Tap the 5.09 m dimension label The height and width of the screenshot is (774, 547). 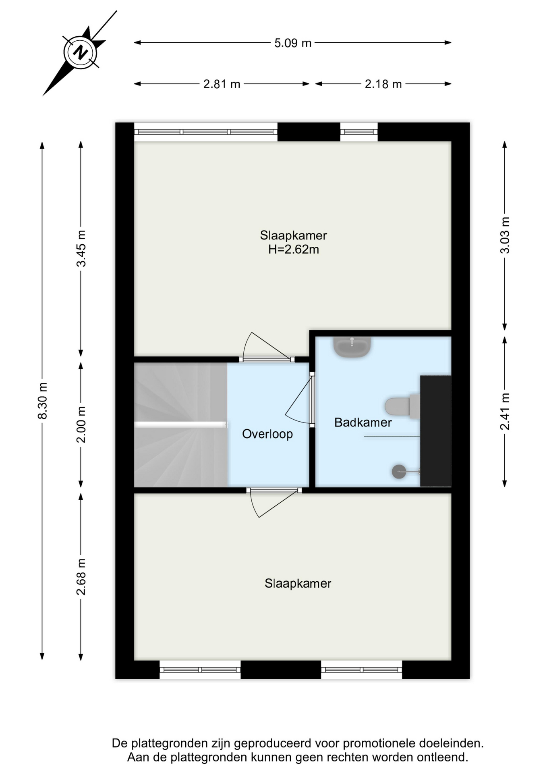(293, 43)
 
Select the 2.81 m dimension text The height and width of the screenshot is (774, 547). (222, 84)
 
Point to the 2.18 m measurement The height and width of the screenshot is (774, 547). (383, 84)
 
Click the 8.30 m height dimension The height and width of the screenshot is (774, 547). (42, 401)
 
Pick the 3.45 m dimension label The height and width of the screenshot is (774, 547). (81, 248)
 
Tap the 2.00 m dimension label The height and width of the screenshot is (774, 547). (81, 424)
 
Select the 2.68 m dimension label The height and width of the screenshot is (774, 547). (81, 577)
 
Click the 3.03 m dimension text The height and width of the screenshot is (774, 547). (505, 235)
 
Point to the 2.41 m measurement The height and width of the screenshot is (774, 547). (505, 411)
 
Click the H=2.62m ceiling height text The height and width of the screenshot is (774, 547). (294, 250)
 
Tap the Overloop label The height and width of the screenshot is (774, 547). (267, 434)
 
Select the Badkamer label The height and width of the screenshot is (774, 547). (363, 422)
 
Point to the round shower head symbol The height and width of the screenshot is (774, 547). (399, 472)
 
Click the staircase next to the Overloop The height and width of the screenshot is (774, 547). (180, 424)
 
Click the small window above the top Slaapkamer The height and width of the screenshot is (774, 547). (359, 132)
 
